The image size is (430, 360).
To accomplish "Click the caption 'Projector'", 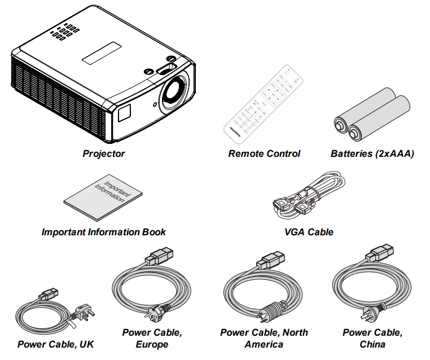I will pyautogui.click(x=104, y=153).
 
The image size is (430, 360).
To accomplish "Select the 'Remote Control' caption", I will pyautogui.click(x=264, y=153).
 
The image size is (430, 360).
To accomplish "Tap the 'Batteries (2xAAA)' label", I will pyautogui.click(x=372, y=153).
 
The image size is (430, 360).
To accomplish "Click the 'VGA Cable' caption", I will pyautogui.click(x=309, y=232).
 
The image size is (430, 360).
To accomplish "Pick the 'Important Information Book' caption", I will pyautogui.click(x=104, y=232).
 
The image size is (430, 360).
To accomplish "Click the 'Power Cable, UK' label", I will pyautogui.click(x=55, y=344).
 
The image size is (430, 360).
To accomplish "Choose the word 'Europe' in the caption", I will pyautogui.click(x=152, y=344).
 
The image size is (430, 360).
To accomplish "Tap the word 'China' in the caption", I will pyautogui.click(x=372, y=344).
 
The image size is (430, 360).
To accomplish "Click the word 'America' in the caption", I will pyautogui.click(x=264, y=344).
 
